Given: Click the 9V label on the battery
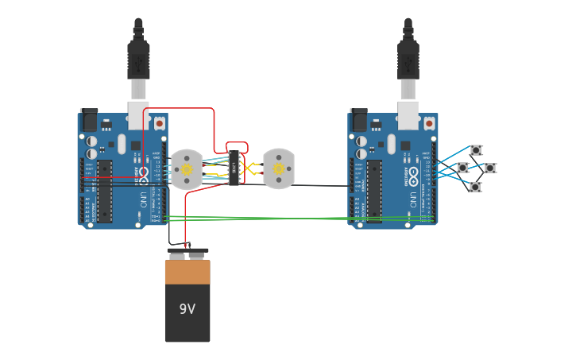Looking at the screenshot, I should (187, 309).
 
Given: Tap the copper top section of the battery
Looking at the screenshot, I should (187, 272).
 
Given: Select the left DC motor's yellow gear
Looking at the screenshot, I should (187, 169).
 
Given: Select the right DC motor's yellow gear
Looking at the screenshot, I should (279, 169).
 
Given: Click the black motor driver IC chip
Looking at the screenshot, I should (234, 168).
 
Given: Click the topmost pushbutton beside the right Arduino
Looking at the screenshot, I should (476, 150).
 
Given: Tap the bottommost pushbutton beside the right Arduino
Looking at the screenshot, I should (475, 188).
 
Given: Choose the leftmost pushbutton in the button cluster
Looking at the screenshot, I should (463, 168).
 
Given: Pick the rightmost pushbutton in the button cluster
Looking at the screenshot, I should (490, 168).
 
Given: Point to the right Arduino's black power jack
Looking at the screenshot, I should (359, 120).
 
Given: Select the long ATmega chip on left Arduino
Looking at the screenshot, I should (105, 192).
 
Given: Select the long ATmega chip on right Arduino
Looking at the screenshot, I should (374, 192).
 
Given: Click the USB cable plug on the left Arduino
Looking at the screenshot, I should (138, 60).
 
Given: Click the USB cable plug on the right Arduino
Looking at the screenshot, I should (408, 60).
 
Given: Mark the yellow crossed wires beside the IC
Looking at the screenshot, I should (250, 168).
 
